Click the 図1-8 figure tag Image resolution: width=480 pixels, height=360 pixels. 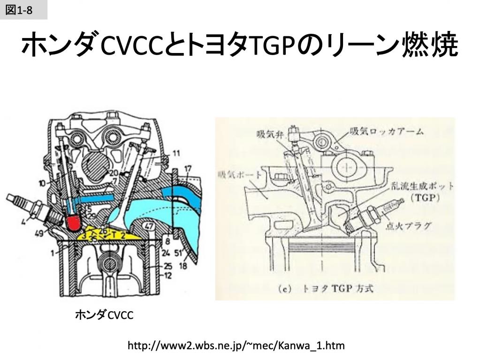click(x=19, y=10)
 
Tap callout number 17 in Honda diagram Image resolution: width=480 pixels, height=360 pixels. click(x=188, y=168)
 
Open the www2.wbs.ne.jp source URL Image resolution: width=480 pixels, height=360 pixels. click(x=236, y=346)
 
